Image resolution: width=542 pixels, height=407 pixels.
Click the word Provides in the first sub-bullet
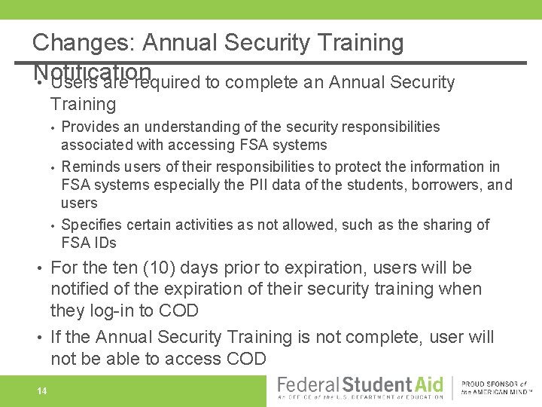click(x=87, y=127)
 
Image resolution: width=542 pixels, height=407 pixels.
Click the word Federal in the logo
click(x=309, y=385)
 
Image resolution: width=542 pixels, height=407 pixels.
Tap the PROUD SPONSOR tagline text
click(x=497, y=384)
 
